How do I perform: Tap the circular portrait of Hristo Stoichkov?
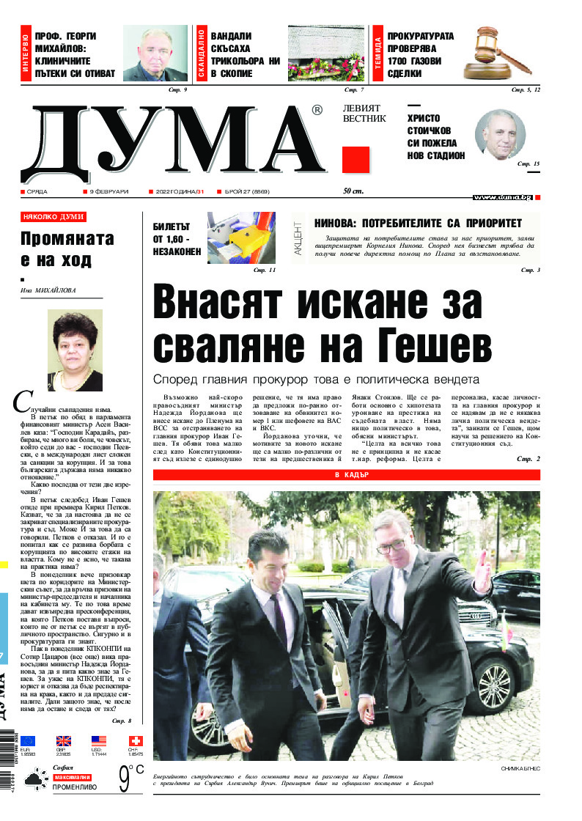501,135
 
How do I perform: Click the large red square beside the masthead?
356,159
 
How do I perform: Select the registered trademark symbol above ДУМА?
317,111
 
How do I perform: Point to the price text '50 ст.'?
353,192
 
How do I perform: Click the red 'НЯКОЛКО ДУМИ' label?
53,217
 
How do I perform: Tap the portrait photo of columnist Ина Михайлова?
74,349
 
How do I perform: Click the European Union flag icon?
28,741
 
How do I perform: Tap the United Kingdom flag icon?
63,741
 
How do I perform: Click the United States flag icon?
99,741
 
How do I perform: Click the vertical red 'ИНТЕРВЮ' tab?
26,53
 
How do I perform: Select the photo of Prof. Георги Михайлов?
155,53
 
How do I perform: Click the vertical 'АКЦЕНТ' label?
298,237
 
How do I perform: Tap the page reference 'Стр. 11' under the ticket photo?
265,270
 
